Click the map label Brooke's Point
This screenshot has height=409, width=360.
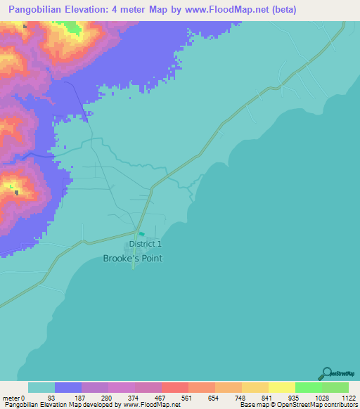click(x=133, y=259)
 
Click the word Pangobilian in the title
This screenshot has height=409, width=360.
click(x=36, y=10)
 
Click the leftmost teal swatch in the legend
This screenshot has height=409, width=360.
click(x=41, y=387)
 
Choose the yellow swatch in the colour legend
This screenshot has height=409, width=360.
click(x=282, y=387)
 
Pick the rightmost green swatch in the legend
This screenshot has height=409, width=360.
click(x=335, y=387)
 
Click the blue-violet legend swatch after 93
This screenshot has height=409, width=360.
click(x=68, y=387)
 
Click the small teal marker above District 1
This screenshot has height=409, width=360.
click(x=141, y=235)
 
